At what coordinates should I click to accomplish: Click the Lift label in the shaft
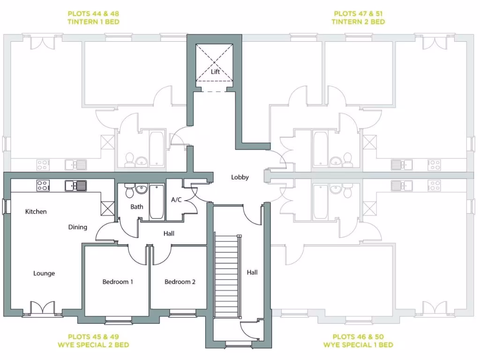pyautogui.click(x=215, y=72)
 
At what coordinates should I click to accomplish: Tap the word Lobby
pyautogui.click(x=240, y=178)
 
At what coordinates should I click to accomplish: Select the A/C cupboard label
pyautogui.click(x=176, y=200)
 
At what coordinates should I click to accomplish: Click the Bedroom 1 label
pyautogui.click(x=118, y=282)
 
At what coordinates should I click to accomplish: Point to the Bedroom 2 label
pyautogui.click(x=180, y=282)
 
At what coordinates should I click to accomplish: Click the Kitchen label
pyautogui.click(x=36, y=211)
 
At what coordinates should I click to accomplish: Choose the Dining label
pyautogui.click(x=78, y=227)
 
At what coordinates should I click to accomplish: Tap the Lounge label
pyautogui.click(x=44, y=273)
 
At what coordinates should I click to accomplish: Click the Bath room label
pyautogui.click(x=137, y=207)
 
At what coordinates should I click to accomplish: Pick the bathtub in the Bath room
pyautogui.click(x=157, y=202)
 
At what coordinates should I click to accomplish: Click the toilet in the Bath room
pyautogui.click(x=129, y=191)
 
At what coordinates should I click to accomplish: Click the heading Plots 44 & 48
pyautogui.click(x=93, y=14)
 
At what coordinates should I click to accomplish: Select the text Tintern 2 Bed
pyautogui.click(x=358, y=22)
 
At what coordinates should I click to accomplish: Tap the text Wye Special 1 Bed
pyautogui.click(x=358, y=345)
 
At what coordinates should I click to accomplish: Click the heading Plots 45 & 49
pyautogui.click(x=93, y=337)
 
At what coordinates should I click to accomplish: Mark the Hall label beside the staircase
pyautogui.click(x=253, y=272)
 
